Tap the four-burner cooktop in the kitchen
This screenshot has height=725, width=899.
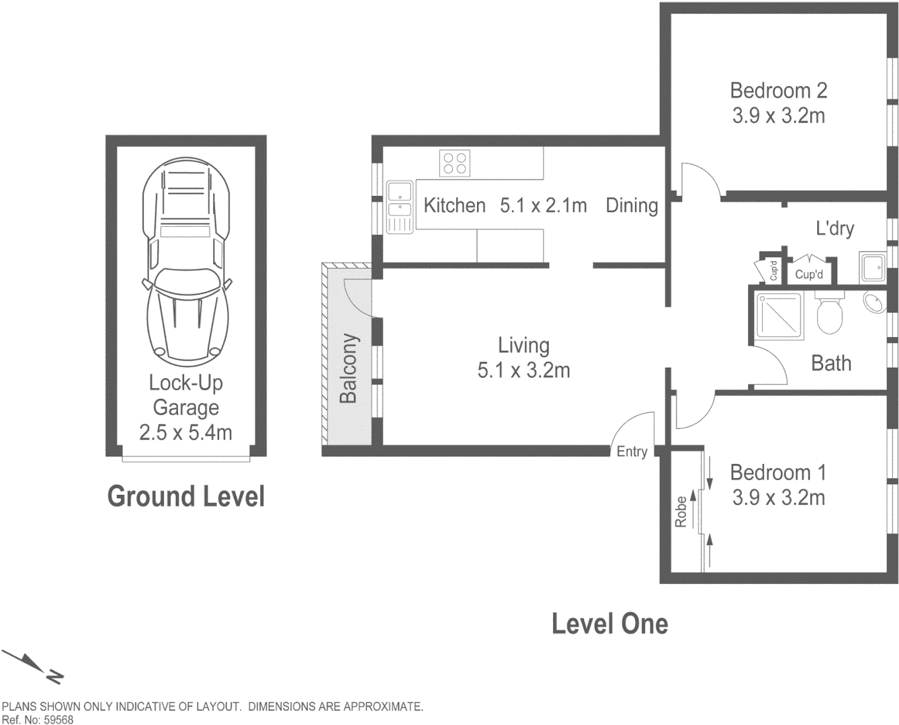[x=455, y=163]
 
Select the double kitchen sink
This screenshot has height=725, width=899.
[x=399, y=207]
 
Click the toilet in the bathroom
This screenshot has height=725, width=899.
[x=829, y=311]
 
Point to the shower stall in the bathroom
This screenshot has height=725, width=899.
[x=778, y=316]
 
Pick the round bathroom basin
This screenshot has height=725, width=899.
[x=875, y=302]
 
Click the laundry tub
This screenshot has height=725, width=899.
[x=872, y=267]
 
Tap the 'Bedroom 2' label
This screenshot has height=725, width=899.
[x=779, y=91]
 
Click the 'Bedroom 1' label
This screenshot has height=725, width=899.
[x=778, y=473]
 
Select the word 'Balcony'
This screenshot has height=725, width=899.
[x=349, y=369]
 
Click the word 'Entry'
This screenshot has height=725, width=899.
[x=632, y=452]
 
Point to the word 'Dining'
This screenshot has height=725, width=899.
[x=632, y=206]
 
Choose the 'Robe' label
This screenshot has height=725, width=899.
[x=681, y=512]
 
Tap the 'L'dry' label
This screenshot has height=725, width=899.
[x=835, y=229]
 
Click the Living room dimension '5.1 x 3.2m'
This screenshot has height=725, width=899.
[x=523, y=371]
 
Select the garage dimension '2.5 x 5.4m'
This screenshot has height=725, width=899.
[x=185, y=433]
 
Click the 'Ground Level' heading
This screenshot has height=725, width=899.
[x=186, y=496]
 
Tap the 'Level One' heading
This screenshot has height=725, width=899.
[x=610, y=624]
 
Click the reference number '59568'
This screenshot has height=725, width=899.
[x=58, y=720]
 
